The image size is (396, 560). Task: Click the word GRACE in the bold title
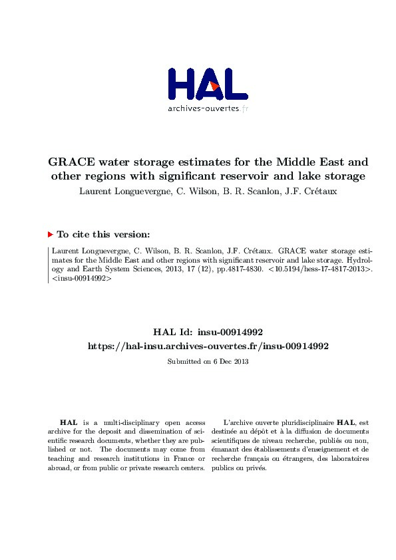pyautogui.click(x=72, y=162)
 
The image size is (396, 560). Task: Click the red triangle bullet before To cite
pyautogui.click(x=50, y=234)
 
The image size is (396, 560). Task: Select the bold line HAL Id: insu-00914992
pyautogui.click(x=208, y=331)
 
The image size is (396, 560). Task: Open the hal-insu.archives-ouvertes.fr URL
pyautogui.click(x=208, y=346)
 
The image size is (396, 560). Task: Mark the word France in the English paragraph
pyautogui.click(x=180, y=458)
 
